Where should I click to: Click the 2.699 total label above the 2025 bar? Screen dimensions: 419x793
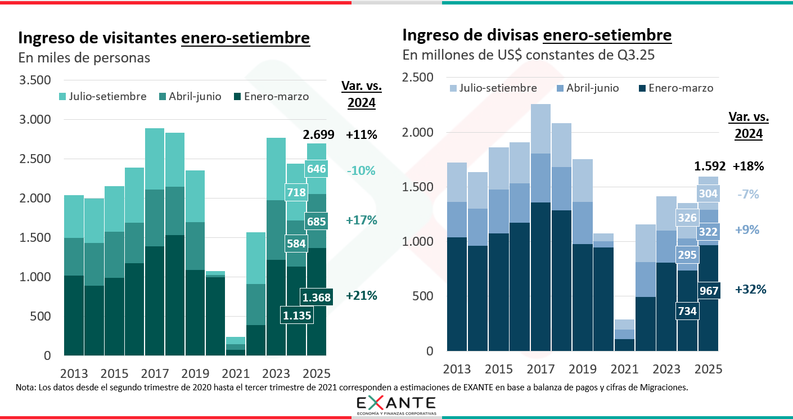(319, 135)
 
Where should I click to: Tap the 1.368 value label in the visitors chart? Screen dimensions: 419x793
(316, 297)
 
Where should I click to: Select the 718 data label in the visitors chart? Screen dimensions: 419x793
(296, 192)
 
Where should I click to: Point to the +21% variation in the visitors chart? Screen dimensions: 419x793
(362, 296)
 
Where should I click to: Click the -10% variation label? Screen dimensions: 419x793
(361, 171)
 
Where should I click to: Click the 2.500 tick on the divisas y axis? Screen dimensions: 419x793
(419, 78)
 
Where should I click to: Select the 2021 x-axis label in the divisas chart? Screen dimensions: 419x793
(624, 369)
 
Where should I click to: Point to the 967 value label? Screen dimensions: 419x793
(709, 291)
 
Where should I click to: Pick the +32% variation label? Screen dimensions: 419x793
(751, 290)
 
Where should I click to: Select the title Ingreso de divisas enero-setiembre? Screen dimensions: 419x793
(537, 35)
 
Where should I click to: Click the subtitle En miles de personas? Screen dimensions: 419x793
(84, 58)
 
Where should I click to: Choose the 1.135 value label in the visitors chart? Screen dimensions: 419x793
(296, 316)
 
